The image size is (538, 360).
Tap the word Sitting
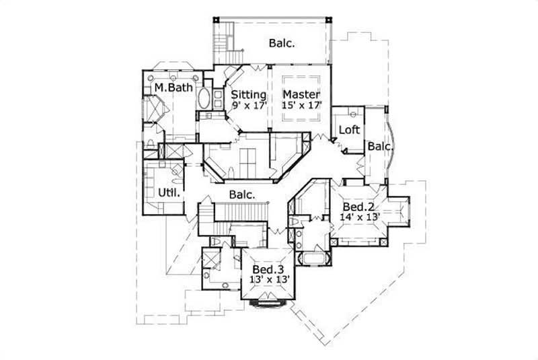(x=249, y=94)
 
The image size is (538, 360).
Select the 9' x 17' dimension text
(x=249, y=105)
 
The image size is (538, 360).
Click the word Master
(x=301, y=94)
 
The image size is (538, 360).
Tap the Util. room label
(x=167, y=193)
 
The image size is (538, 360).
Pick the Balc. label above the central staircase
(x=241, y=194)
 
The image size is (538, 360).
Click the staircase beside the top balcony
(x=223, y=38)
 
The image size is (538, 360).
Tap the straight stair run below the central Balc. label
(x=206, y=221)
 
